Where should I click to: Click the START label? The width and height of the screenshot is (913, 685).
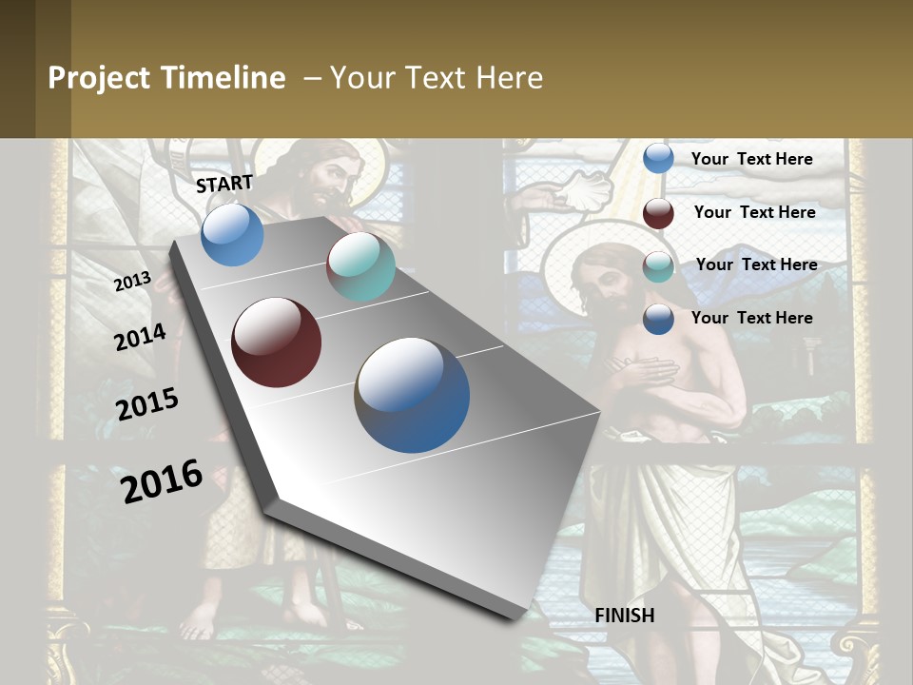point(224,184)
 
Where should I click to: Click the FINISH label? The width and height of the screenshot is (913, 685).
point(625,616)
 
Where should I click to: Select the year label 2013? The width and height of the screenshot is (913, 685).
point(132,282)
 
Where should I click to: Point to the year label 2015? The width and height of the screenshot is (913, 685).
point(147,404)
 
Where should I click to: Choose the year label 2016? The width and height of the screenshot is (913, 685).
point(162,480)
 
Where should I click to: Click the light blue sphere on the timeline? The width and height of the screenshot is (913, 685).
point(232,234)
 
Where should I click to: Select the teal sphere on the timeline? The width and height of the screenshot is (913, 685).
point(360,266)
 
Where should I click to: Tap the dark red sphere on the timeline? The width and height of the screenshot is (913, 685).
point(276,342)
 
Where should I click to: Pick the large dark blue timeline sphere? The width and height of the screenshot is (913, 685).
point(412,395)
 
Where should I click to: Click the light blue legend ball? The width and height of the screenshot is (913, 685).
point(658,158)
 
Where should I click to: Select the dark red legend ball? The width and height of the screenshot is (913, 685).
point(658,213)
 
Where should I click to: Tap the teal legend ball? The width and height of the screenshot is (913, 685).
point(658,266)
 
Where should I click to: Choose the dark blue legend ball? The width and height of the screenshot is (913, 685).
point(658,319)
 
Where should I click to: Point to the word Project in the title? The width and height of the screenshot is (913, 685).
point(97,78)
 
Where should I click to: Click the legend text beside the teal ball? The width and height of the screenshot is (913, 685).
point(756,264)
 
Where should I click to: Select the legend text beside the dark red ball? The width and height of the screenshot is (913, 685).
point(754,212)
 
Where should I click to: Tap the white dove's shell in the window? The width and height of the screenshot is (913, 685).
point(580,190)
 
